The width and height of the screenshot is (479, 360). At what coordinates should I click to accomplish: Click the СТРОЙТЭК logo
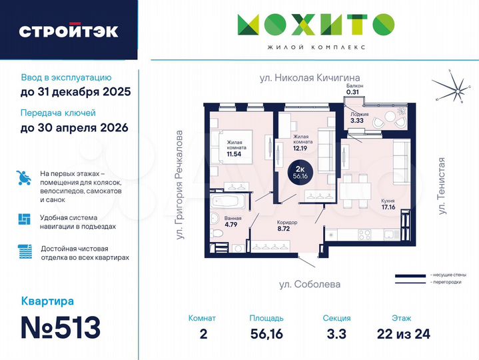point(69,31)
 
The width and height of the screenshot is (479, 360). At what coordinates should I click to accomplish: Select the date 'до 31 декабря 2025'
point(75,91)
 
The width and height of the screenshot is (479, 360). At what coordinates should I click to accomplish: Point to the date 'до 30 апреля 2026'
point(74,127)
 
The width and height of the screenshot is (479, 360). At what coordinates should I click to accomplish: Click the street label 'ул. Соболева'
point(310,284)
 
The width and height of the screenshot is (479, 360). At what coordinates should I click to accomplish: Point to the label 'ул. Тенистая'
point(442,186)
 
